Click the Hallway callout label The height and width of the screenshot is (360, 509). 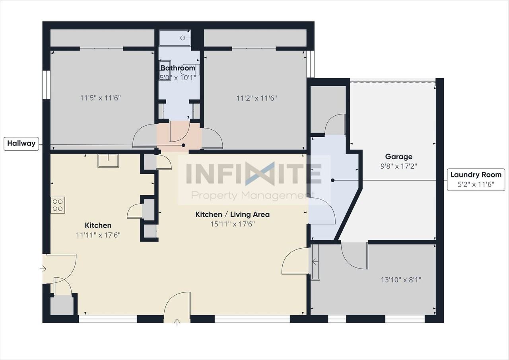point(21,144)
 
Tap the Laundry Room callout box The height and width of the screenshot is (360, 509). point(476,179)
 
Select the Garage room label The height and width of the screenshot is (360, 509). point(399,157)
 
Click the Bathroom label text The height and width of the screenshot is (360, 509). point(178,68)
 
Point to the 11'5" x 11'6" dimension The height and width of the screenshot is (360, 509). point(101,98)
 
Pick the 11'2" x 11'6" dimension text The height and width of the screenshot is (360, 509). point(257,98)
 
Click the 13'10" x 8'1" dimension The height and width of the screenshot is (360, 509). point(401,280)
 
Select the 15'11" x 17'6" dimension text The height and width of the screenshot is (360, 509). point(233,224)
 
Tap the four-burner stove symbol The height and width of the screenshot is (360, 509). point(58,205)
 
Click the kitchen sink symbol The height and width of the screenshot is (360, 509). point(108,161)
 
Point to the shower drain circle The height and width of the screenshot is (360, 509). point(183,38)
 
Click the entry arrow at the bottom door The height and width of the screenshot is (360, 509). point(177,322)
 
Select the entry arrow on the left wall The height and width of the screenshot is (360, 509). point(43,269)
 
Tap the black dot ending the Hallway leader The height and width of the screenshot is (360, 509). point(183,145)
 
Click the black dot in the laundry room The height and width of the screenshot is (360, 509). point(333,180)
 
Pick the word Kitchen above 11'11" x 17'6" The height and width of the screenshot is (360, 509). point(98,226)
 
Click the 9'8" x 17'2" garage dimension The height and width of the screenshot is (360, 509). point(399,166)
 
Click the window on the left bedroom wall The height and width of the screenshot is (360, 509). point(47,85)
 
